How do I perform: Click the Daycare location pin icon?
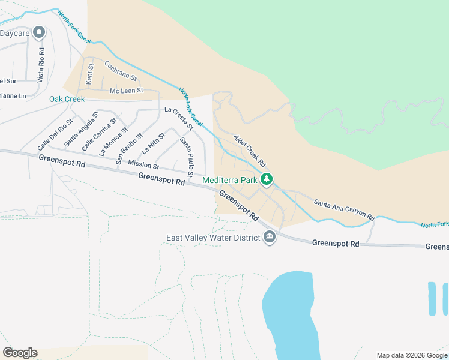point(40,32)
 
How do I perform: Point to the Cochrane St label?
point(121,71)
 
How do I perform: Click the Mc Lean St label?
point(126,91)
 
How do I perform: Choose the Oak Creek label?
point(67,99)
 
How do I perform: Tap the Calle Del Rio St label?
point(55,134)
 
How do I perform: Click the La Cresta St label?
point(179,118)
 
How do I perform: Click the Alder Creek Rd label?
point(249,151)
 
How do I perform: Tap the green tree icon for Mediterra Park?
point(267,179)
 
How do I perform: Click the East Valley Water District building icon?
point(270,238)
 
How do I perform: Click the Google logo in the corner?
point(20,353)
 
